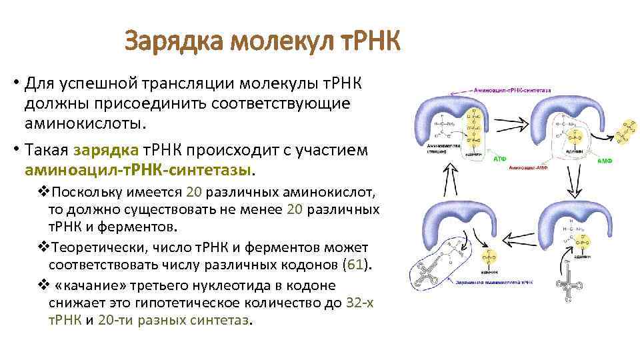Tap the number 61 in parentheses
point(354,263)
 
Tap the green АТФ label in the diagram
point(500,160)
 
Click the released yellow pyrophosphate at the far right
point(627,132)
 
